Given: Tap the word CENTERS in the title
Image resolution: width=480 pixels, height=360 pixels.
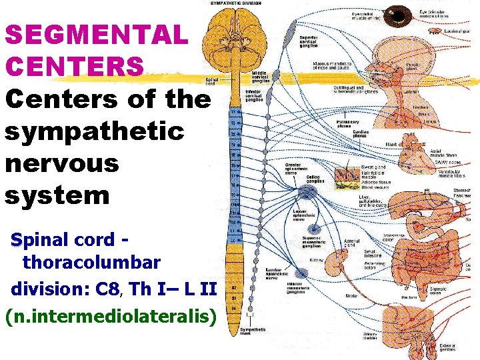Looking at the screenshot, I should point(74,66).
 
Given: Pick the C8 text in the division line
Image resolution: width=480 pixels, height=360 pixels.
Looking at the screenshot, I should point(107,289).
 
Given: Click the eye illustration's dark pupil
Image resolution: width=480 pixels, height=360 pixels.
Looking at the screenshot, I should point(400,14).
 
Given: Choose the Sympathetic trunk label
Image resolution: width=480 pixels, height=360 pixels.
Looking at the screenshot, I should point(253,331).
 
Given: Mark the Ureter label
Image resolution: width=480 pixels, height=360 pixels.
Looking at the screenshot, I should point(352,295).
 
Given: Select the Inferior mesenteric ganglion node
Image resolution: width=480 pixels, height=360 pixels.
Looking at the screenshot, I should point(301,273).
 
